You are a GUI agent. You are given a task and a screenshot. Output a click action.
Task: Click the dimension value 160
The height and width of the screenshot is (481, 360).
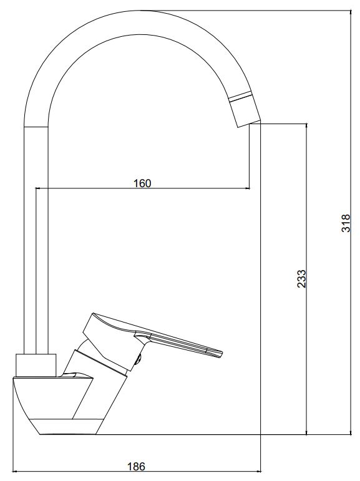tap(142, 183)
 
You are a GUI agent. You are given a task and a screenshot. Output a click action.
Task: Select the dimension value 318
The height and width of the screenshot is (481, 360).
tap(346, 223)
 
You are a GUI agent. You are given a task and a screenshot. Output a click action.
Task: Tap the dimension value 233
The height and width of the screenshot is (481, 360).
tap(302, 278)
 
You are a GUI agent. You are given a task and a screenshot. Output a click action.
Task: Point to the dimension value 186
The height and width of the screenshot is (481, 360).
tap(136, 467)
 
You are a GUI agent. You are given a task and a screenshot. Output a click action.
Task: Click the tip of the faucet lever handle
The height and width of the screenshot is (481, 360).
tap(221, 354)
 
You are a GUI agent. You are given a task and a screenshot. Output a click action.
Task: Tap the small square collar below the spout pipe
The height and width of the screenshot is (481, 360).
tap(37, 366)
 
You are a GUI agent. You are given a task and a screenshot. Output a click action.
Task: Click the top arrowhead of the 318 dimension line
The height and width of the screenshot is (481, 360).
tap(351, 12)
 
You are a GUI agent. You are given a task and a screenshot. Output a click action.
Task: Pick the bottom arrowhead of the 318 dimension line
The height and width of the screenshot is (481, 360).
tap(351, 432)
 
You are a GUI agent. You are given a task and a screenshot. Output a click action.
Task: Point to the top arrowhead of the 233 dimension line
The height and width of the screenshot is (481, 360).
tap(306, 127)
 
